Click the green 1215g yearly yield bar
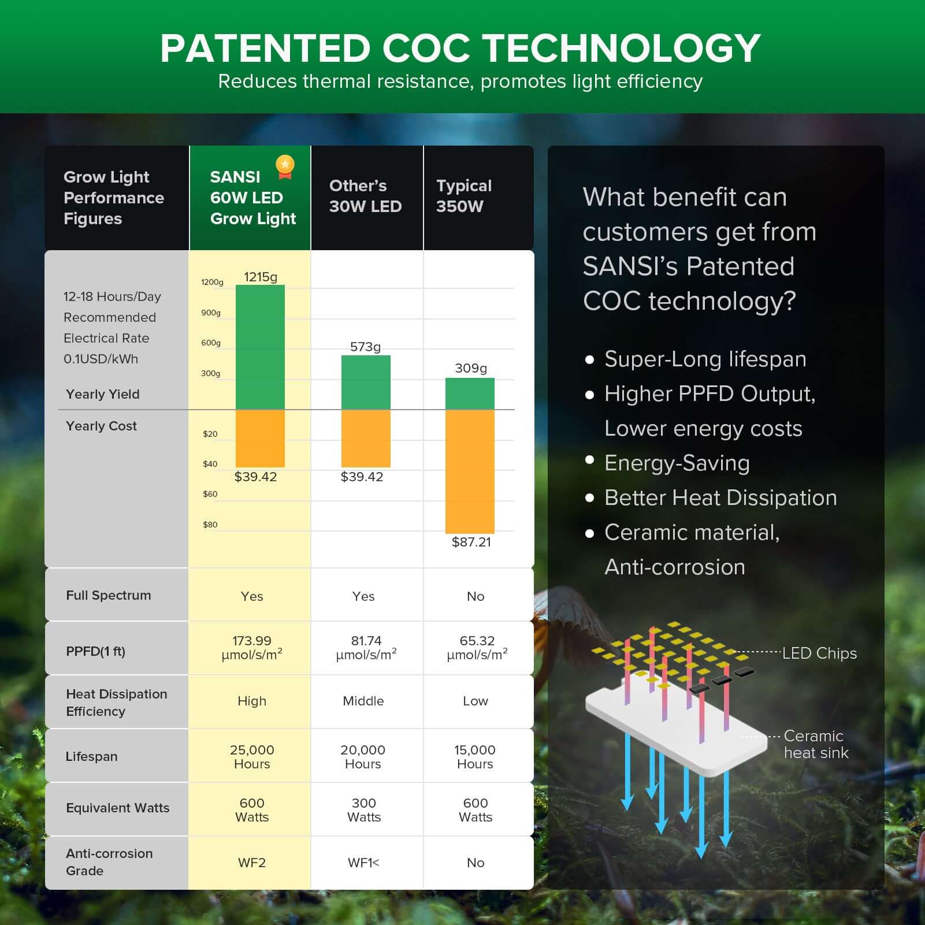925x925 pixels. click(x=260, y=347)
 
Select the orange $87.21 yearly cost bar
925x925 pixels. click(x=470, y=471)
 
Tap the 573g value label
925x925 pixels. click(x=365, y=347)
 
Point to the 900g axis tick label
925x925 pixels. click(x=211, y=313)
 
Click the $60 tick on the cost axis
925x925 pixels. click(x=210, y=494)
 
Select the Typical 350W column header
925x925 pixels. click(x=464, y=196)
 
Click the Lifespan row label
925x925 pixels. click(x=91, y=756)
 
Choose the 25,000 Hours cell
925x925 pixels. click(x=252, y=756)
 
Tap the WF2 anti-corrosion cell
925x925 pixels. click(x=252, y=863)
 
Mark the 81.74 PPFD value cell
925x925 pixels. click(x=366, y=648)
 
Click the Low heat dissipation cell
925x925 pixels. click(x=475, y=701)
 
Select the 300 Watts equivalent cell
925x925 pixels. click(x=364, y=809)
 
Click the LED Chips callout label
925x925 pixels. click(x=819, y=653)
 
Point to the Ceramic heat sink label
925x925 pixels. click(x=815, y=744)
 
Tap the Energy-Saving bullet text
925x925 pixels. click(x=677, y=463)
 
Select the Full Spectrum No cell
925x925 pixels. click(x=475, y=596)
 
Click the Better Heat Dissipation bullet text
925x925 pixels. click(x=720, y=498)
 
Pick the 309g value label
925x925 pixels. click(x=470, y=368)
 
